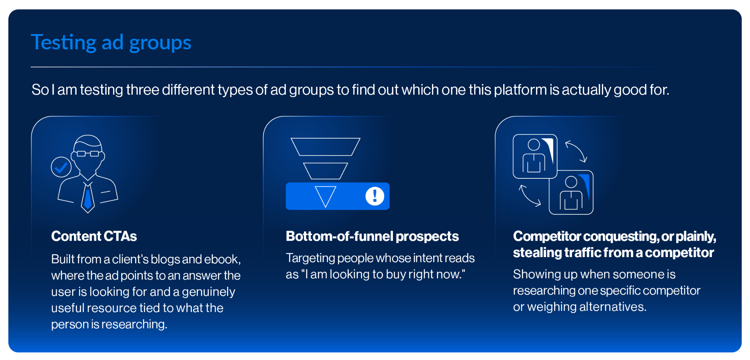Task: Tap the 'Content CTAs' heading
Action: [x=94, y=236]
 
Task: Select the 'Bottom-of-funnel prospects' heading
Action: [x=372, y=237]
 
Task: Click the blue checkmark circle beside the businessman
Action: [x=61, y=167]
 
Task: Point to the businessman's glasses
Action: [x=88, y=153]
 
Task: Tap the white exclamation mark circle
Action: [x=375, y=196]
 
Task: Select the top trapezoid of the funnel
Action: [x=326, y=147]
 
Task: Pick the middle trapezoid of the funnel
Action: [x=326, y=171]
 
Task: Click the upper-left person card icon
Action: [x=535, y=156]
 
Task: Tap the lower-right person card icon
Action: [x=571, y=193]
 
